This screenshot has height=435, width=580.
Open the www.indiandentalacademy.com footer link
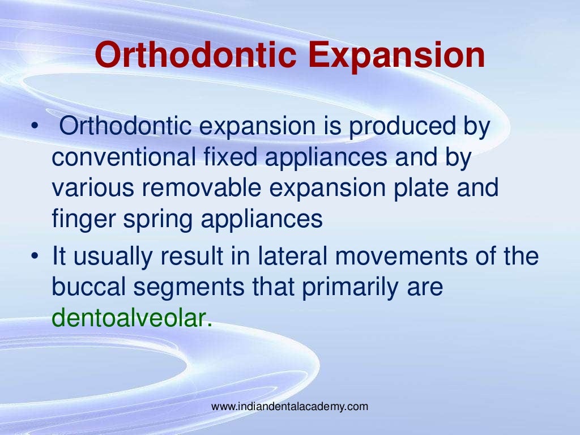click(x=289, y=406)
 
